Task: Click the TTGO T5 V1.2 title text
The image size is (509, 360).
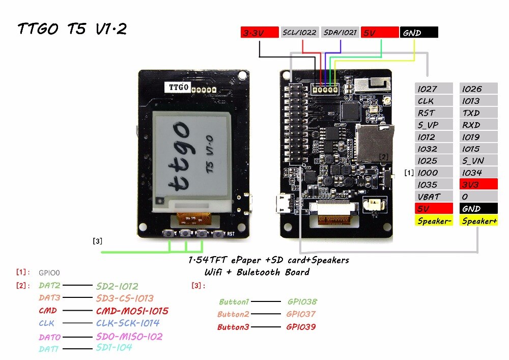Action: point(72,29)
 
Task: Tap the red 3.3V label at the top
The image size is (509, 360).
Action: point(259,33)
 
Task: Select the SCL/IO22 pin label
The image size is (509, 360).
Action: point(299,33)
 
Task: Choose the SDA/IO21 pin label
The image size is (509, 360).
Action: point(340,33)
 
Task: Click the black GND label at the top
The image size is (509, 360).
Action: point(418,33)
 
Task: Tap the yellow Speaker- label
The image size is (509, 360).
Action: point(434,221)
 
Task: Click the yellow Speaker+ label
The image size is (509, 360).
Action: point(478,221)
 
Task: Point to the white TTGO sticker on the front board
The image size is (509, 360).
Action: point(178,88)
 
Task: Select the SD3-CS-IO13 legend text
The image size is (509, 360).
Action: point(124,298)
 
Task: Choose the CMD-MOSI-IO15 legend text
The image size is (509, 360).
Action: point(132,311)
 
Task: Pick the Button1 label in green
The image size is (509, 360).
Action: point(234,302)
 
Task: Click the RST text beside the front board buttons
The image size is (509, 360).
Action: point(231,235)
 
